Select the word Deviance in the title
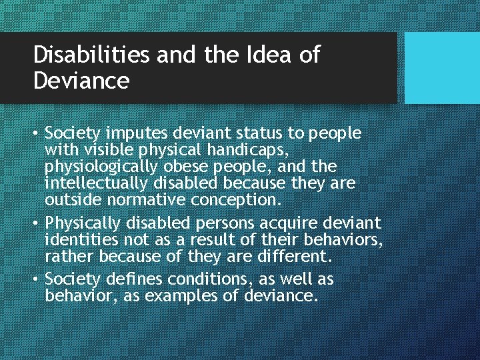81,81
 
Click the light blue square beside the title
442,67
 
